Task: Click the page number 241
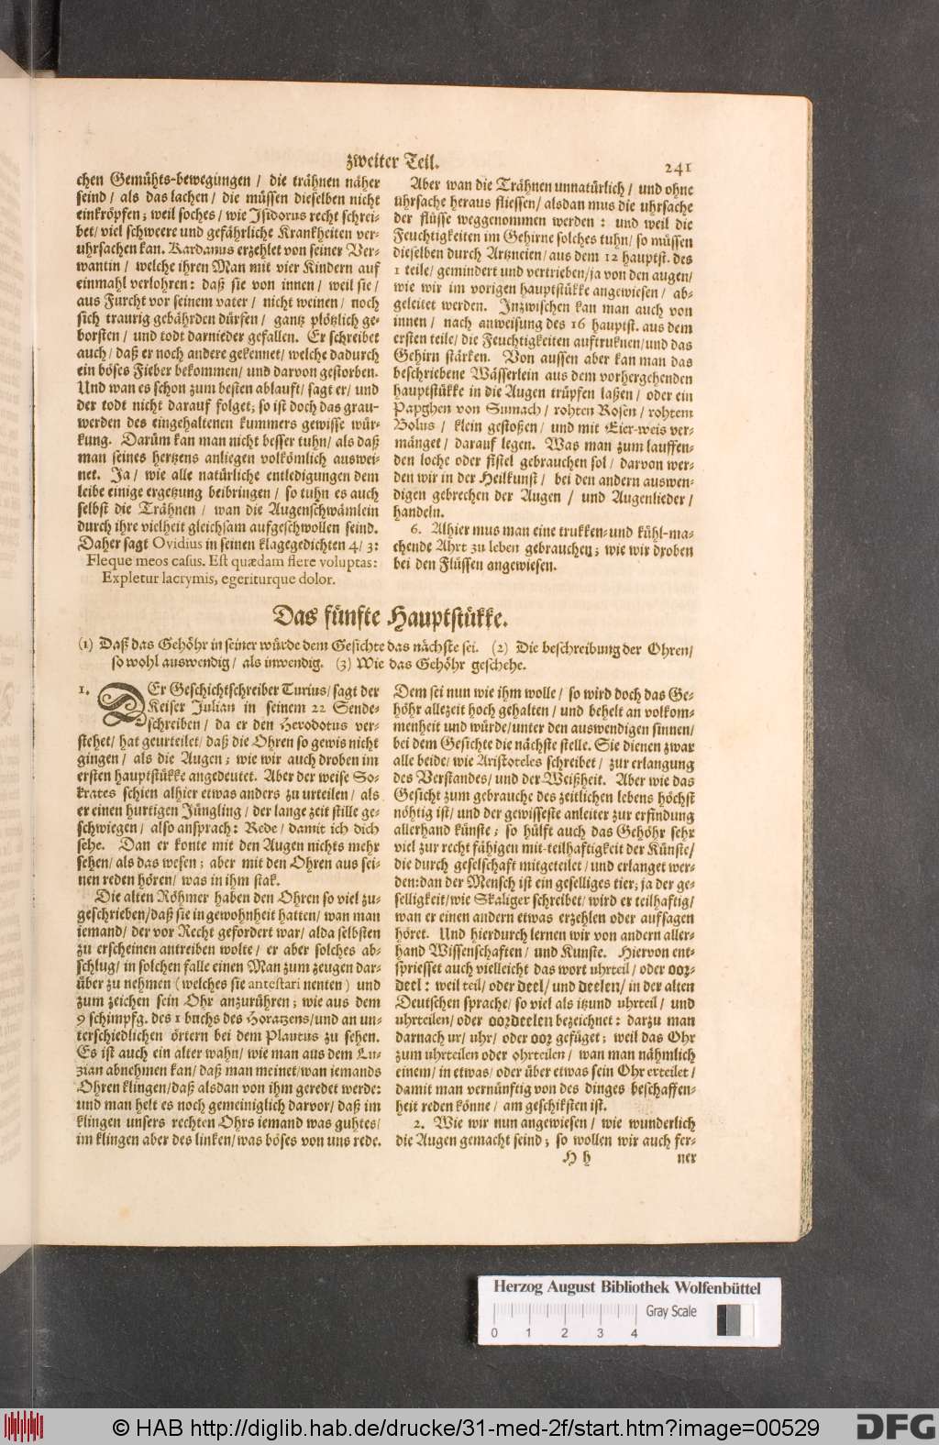pyautogui.click(x=681, y=167)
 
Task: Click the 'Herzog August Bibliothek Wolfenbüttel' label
pyautogui.click(x=627, y=1288)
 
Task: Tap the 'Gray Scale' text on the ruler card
pyautogui.click(x=671, y=1311)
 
